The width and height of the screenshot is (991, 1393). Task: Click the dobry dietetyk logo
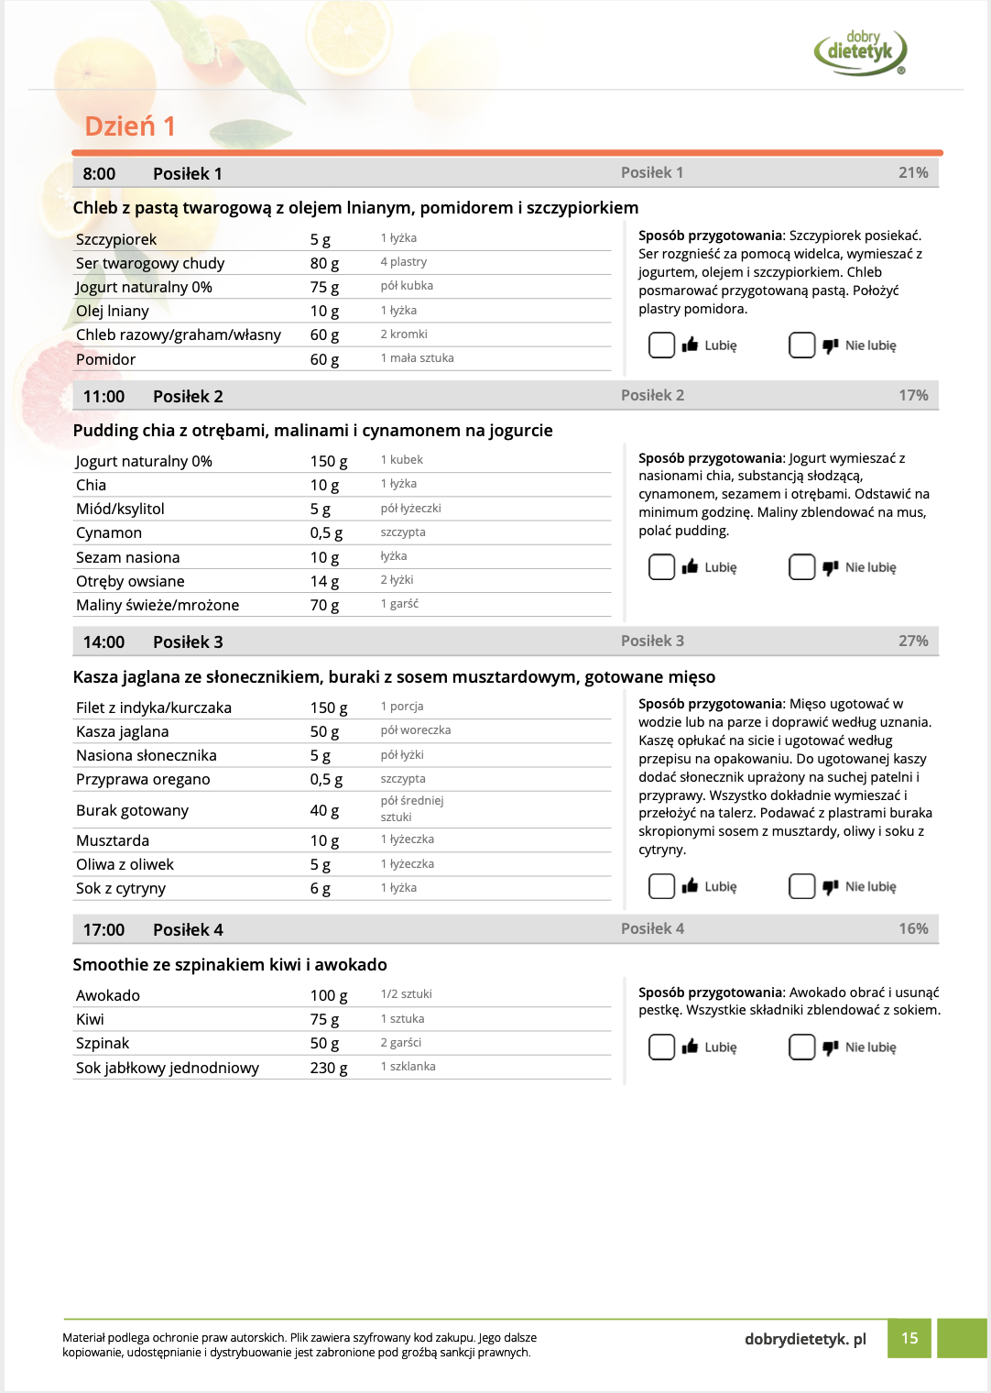point(860,51)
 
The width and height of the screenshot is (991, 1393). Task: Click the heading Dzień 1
point(130,126)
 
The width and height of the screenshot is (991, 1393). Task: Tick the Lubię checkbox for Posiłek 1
point(661,346)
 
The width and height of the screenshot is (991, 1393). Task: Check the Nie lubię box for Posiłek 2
point(801,567)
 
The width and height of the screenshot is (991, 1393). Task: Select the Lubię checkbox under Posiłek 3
point(661,886)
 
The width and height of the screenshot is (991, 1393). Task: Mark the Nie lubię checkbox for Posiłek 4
point(801,1047)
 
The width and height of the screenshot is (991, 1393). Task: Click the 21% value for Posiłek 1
point(912,172)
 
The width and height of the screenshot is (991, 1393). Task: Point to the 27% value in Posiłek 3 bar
point(912,641)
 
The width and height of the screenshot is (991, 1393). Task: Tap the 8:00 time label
point(99,174)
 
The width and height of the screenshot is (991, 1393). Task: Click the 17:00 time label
point(103,929)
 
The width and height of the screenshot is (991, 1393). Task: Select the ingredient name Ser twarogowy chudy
point(150,263)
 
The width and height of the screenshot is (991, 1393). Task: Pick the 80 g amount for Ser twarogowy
point(324,263)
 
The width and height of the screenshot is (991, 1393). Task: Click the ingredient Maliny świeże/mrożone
point(158,605)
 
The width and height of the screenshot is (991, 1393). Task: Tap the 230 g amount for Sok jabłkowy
point(329,1068)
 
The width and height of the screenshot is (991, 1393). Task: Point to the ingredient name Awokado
point(108,995)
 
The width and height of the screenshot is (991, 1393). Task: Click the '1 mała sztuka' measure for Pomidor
point(417,358)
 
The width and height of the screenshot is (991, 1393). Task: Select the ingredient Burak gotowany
point(132,810)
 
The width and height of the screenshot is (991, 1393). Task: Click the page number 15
point(909,1338)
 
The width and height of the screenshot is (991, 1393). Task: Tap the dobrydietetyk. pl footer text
point(805,1339)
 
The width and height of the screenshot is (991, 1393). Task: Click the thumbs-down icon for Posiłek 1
point(830,346)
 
